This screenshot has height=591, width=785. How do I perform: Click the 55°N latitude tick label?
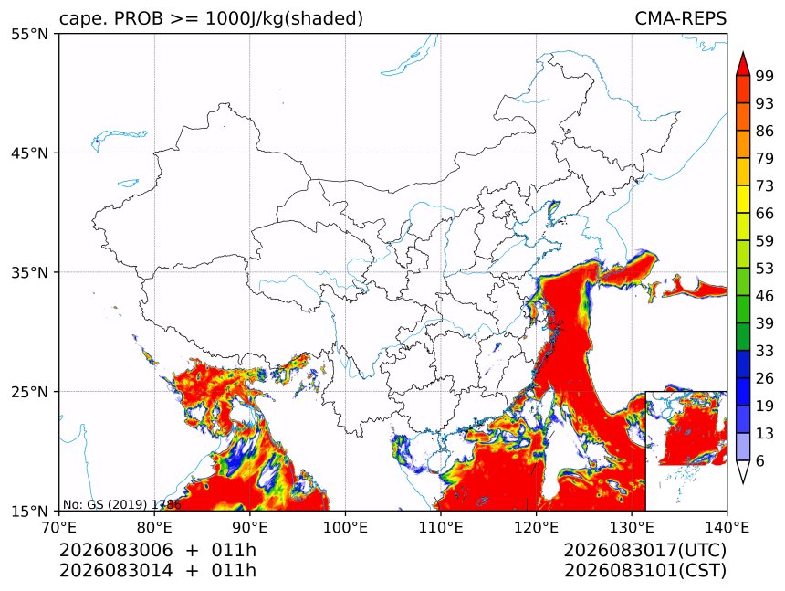coord(29,34)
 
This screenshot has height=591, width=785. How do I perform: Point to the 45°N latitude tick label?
coord(29,153)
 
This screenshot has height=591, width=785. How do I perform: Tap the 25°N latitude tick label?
coord(29,391)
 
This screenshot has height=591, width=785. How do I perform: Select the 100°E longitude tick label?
coord(345,527)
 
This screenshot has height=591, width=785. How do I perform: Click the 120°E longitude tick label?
coord(536,527)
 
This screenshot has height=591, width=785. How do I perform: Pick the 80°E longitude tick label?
coord(154,527)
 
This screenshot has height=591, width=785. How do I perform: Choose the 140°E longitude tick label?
coord(727,527)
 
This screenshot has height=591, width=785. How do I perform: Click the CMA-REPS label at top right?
coord(680,18)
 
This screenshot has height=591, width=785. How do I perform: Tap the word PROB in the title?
coord(139,18)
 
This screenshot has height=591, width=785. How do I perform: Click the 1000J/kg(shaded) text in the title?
coord(285,19)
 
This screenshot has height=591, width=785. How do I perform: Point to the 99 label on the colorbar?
coord(765,76)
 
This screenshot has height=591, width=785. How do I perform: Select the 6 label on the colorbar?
coord(760,460)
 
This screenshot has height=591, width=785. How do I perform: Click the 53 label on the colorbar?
coord(765,269)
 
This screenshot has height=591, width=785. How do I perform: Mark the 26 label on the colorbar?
coord(765,378)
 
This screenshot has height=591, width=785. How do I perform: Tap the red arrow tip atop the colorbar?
coord(743,52)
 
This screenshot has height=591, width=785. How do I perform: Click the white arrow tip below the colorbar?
coord(743,483)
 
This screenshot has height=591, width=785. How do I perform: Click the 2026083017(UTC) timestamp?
coord(644,551)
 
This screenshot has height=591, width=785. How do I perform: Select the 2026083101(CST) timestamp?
coord(644,571)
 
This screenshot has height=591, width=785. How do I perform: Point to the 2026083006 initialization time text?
coord(116,551)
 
